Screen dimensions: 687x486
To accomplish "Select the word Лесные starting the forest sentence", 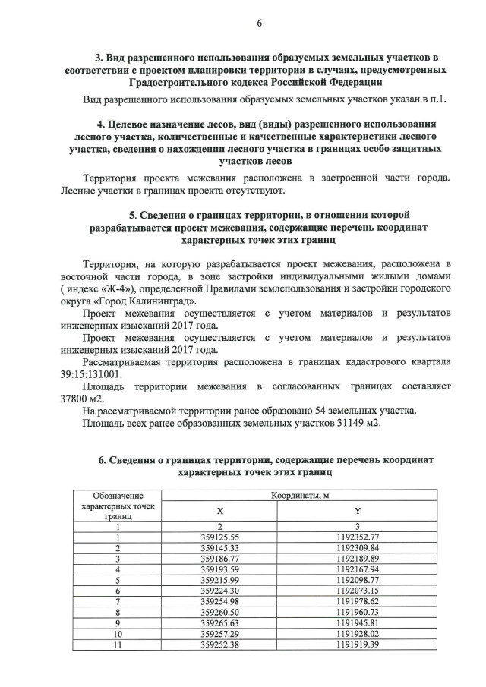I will [78, 189].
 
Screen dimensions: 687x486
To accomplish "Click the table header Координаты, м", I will [300, 495].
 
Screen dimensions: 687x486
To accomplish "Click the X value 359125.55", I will [220, 537].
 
